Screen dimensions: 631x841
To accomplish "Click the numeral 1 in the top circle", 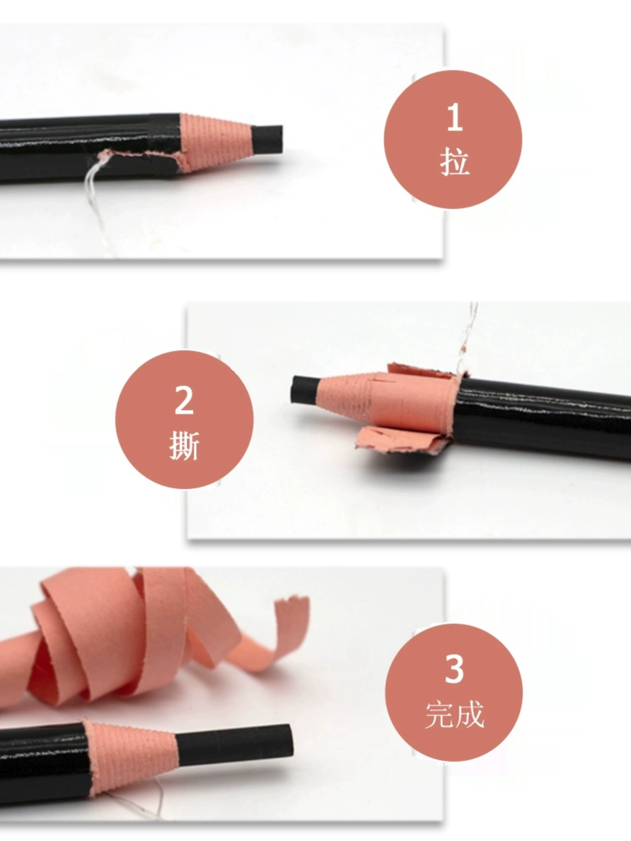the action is (x=455, y=118).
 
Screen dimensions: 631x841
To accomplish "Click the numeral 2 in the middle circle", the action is (x=184, y=400).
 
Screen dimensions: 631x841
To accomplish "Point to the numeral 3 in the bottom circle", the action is (x=454, y=669).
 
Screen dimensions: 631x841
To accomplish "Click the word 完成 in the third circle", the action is (x=455, y=714).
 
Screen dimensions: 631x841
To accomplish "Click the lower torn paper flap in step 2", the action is (x=402, y=440).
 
